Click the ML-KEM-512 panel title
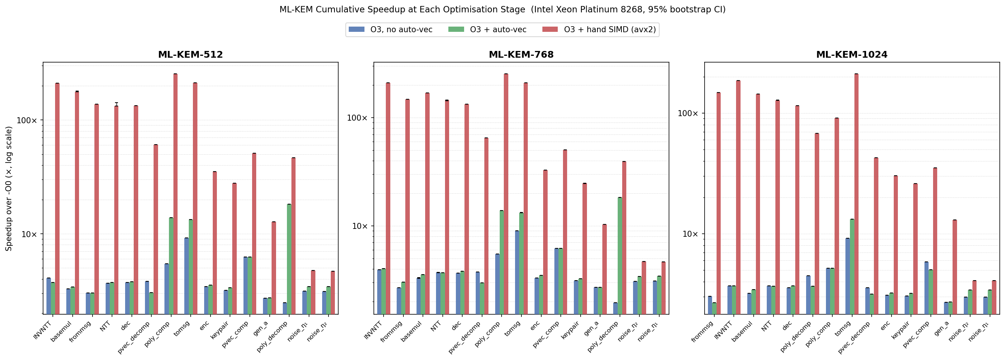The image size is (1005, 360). pyautogui.click(x=190, y=55)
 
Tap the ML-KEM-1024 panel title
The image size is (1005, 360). pyautogui.click(x=852, y=55)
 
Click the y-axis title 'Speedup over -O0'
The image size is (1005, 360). pyautogui.click(x=9, y=188)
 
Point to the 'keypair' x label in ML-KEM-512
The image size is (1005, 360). pyautogui.click(x=219, y=331)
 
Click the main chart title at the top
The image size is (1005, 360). pyautogui.click(x=502, y=9)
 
